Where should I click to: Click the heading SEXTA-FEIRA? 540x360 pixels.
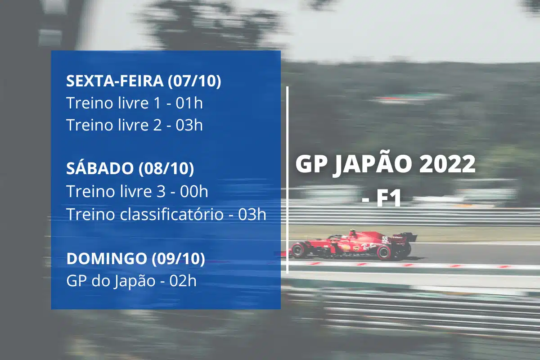coord(115,81)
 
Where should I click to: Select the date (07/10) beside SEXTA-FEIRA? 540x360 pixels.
coord(194,81)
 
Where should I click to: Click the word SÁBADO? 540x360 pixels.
coord(100,169)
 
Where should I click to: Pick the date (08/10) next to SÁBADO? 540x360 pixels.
coord(166,169)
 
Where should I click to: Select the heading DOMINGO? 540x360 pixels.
coord(106,259)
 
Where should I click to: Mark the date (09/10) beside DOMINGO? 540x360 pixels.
coord(178,259)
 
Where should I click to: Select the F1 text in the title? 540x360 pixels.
coord(388,198)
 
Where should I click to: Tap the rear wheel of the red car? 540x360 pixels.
coord(385,251)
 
